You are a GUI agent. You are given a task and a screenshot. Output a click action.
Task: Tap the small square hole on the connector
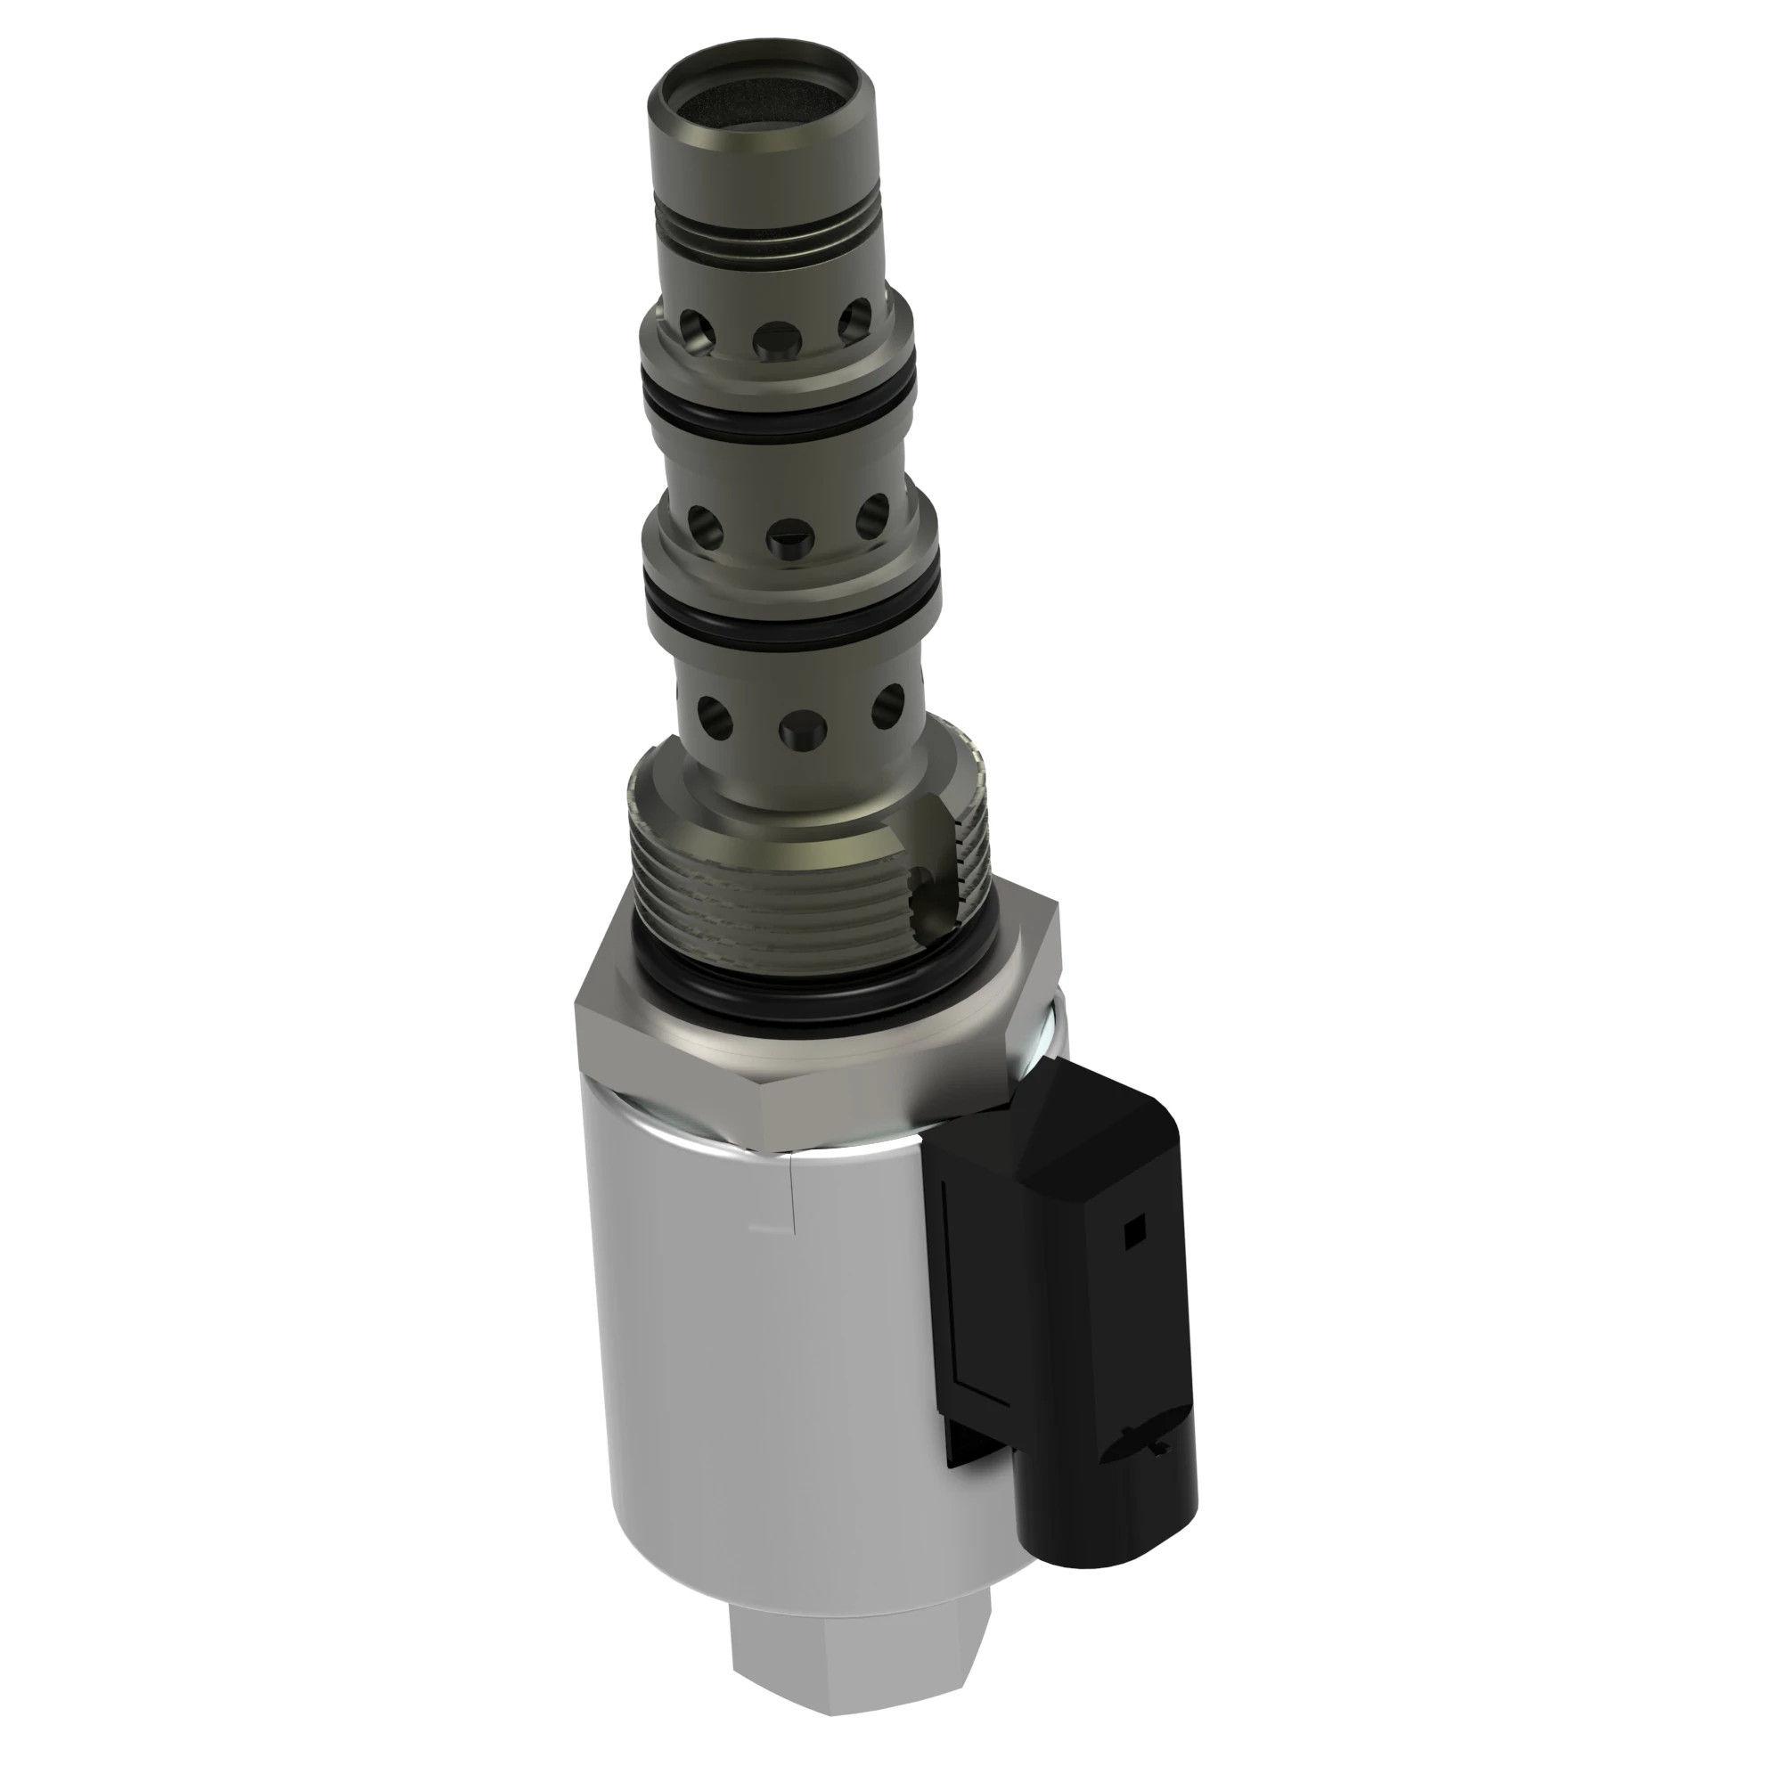[x=1133, y=1228]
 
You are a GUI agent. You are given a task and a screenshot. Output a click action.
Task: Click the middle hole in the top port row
[x=774, y=340]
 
